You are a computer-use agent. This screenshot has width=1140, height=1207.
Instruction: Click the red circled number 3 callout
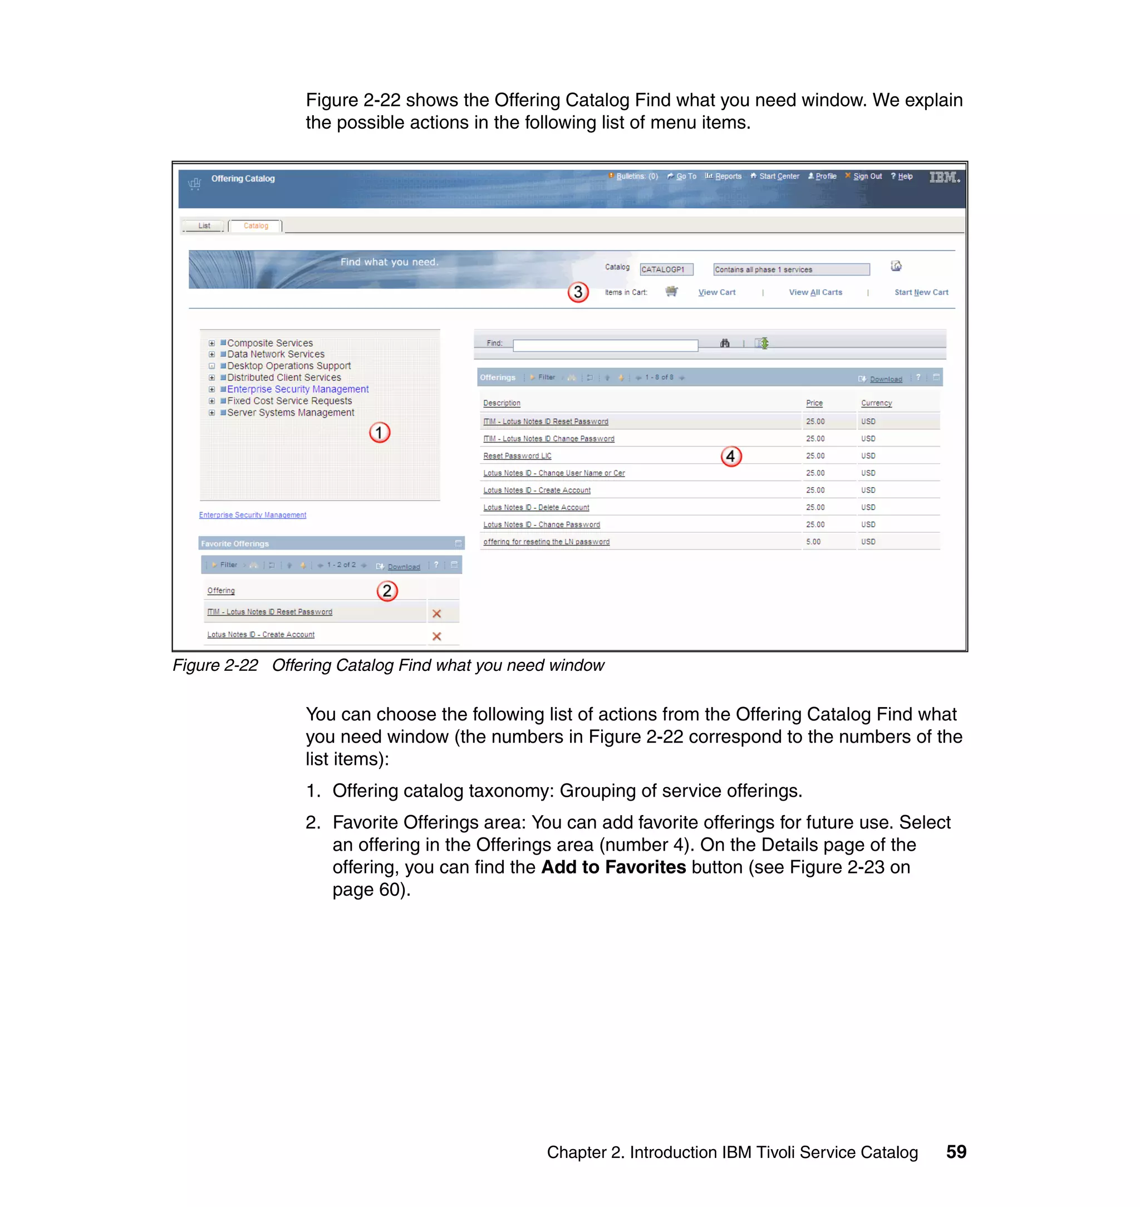click(578, 292)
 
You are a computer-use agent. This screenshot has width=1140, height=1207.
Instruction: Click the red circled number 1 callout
click(379, 433)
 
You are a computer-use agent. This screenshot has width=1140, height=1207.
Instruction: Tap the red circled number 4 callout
click(731, 456)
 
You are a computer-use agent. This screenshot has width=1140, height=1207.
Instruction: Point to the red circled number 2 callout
click(386, 591)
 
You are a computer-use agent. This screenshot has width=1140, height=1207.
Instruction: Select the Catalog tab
click(255, 226)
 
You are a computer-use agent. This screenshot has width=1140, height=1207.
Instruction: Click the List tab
click(204, 226)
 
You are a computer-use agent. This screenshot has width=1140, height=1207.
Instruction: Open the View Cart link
click(716, 292)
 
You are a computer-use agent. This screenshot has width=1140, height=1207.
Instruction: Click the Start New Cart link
click(921, 292)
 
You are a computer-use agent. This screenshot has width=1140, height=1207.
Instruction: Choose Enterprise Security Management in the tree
click(297, 389)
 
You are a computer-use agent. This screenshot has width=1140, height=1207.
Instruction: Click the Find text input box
click(605, 345)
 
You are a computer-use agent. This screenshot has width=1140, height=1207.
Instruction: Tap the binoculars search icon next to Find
click(724, 344)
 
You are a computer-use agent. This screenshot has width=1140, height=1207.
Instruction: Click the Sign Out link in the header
click(867, 176)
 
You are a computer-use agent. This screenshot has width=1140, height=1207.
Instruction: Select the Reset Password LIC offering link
click(517, 456)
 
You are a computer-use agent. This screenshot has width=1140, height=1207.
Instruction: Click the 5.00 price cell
click(813, 542)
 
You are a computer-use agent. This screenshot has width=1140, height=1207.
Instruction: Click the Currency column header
click(876, 403)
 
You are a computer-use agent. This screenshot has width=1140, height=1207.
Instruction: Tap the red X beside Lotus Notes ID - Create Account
click(436, 636)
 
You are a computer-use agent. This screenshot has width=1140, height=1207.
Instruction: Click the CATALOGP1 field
click(666, 269)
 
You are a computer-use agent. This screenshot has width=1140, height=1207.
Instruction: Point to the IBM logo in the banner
click(943, 177)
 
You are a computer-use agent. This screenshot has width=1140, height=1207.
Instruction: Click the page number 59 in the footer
click(956, 1152)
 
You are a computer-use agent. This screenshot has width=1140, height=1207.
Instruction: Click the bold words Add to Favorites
click(613, 867)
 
